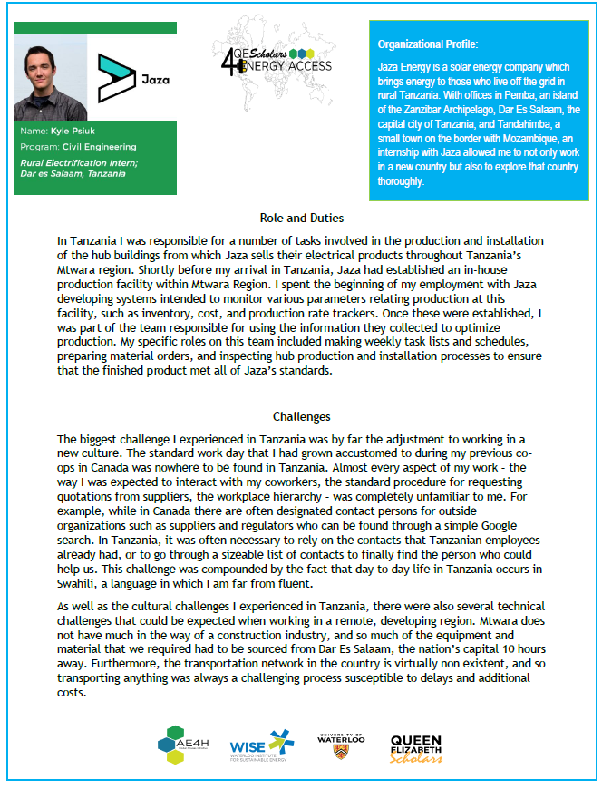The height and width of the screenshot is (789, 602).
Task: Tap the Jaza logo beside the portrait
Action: point(132,78)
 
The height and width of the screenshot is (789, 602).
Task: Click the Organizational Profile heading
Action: point(428,44)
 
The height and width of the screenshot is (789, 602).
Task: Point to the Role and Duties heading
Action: point(301,219)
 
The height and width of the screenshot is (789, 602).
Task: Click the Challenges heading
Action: point(301,417)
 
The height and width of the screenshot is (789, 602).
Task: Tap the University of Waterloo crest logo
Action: point(340,745)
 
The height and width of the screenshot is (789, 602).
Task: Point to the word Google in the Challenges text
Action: point(493,526)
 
